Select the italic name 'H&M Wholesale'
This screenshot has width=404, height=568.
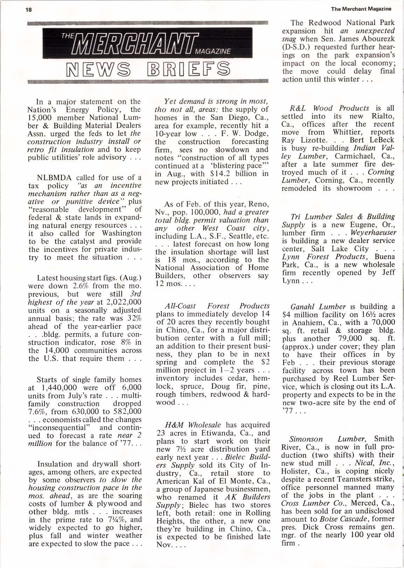(193, 425)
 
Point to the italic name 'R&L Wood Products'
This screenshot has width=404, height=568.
(330, 108)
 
